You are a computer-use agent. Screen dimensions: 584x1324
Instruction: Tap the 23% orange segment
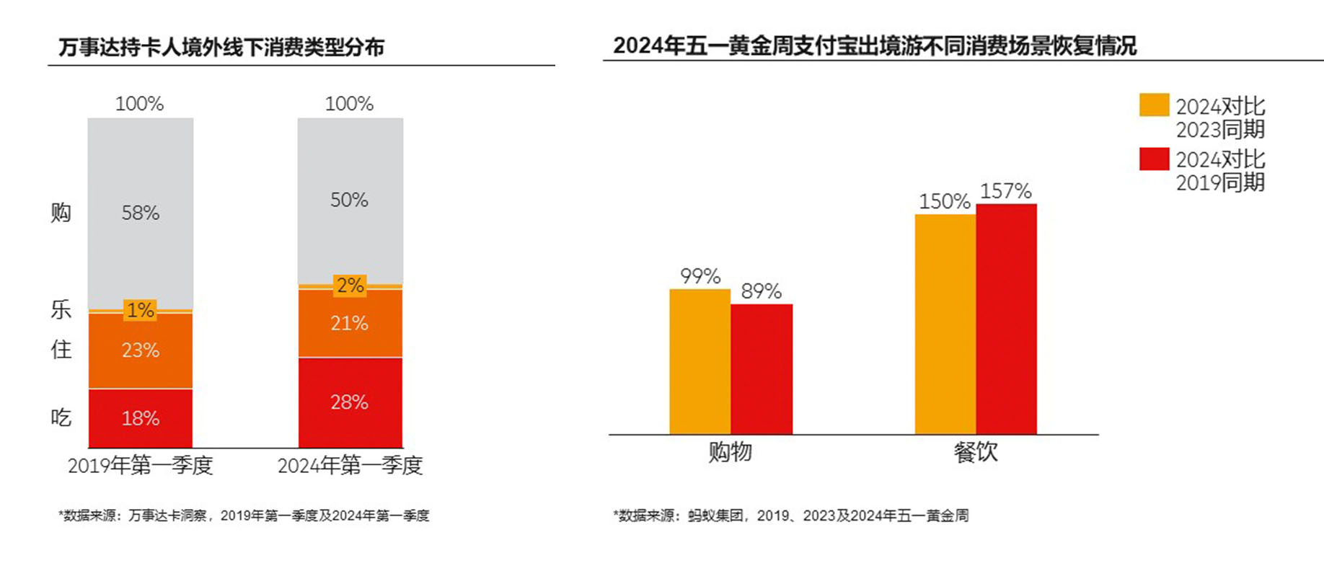(141, 351)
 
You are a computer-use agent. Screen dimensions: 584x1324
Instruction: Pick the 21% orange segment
(350, 323)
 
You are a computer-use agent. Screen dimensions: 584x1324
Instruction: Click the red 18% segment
(141, 418)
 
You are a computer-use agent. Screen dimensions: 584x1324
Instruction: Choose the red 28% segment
(350, 402)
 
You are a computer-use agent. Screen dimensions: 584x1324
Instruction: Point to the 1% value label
(140, 310)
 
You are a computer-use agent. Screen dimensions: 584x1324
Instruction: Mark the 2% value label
(350, 286)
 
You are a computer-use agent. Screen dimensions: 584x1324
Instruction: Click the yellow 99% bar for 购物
(699, 360)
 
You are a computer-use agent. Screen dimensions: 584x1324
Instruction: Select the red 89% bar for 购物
(762, 368)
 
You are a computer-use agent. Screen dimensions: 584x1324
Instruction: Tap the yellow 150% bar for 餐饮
(945, 324)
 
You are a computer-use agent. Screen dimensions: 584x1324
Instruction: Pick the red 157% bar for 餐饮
(1007, 319)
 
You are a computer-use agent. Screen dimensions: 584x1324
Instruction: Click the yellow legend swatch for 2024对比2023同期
(1154, 105)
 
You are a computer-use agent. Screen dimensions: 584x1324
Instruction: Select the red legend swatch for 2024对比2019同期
(1154, 159)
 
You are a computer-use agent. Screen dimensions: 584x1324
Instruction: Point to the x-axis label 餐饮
(976, 452)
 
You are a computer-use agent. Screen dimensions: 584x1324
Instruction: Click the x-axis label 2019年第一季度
(141, 465)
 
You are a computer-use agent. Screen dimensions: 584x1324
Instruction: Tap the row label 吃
(61, 417)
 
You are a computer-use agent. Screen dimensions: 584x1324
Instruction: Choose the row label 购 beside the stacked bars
(61, 213)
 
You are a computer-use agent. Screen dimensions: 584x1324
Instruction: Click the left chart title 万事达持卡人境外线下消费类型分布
(221, 48)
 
